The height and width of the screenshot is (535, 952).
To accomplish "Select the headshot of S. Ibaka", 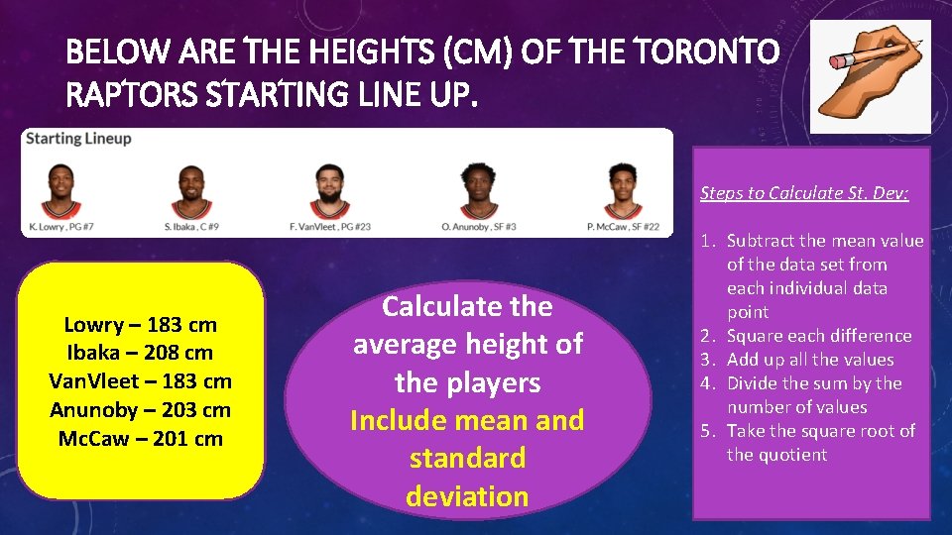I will (x=190, y=192).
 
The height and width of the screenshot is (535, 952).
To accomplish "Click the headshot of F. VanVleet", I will (x=329, y=192).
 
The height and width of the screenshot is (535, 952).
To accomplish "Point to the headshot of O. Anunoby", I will (x=478, y=192).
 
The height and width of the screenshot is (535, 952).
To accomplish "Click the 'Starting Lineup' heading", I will (x=78, y=139).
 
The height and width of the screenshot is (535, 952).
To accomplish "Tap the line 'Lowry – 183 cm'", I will (x=140, y=325).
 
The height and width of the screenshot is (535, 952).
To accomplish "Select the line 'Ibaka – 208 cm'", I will (x=140, y=353).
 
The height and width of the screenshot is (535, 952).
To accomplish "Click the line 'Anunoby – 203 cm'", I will (x=140, y=409).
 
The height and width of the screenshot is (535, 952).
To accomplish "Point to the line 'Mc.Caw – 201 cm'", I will (x=140, y=438).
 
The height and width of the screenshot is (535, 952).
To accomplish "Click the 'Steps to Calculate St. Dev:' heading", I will (x=804, y=192).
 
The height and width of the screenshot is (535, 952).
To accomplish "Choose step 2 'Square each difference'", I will (x=818, y=336).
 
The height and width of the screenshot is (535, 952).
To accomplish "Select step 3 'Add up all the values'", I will (x=809, y=360).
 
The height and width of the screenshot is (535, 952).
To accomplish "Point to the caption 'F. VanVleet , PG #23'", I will (x=329, y=227).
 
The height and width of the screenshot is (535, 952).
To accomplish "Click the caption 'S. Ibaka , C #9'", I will (x=191, y=227).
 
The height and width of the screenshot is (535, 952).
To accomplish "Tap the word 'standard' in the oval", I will (x=467, y=459).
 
